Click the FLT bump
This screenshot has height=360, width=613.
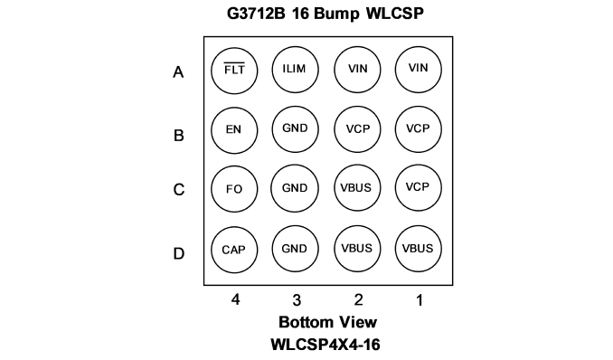pyautogui.click(x=234, y=71)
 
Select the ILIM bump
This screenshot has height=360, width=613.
pyautogui.click(x=295, y=70)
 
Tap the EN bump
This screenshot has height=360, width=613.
pyautogui.click(x=234, y=130)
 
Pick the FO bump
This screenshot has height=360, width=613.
pyautogui.click(x=234, y=189)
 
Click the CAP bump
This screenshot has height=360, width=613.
pyautogui.click(x=234, y=250)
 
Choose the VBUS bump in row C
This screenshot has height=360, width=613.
pyautogui.click(x=356, y=188)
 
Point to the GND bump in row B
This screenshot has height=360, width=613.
pyautogui.click(x=295, y=128)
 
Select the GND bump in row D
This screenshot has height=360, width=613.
pyautogui.click(x=295, y=249)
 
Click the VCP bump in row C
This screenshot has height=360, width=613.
pyautogui.click(x=419, y=188)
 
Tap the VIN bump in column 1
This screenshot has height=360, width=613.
pyautogui.click(x=419, y=70)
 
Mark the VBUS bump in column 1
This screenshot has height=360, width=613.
pyautogui.click(x=419, y=249)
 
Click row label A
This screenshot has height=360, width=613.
pyautogui.click(x=178, y=72)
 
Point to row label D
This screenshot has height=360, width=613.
pyautogui.click(x=179, y=253)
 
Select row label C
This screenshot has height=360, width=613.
pyautogui.click(x=179, y=190)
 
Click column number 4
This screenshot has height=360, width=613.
pyautogui.click(x=235, y=299)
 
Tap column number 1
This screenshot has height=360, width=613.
pyautogui.click(x=420, y=300)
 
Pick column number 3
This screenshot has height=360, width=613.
pyautogui.click(x=297, y=300)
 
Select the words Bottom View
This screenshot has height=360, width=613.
pyautogui.click(x=327, y=322)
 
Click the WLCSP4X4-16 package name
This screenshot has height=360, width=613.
pyautogui.click(x=325, y=345)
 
